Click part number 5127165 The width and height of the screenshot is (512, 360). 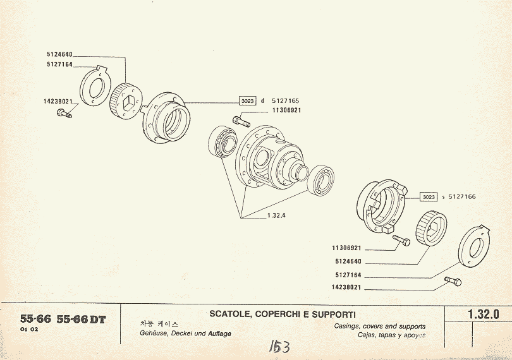(286, 101)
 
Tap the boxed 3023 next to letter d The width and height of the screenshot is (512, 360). (247, 101)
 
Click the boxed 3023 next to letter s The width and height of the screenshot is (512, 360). (429, 197)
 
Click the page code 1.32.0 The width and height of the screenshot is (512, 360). (484, 314)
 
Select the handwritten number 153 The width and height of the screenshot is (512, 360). (278, 346)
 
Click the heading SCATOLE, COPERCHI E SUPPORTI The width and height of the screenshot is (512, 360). (283, 314)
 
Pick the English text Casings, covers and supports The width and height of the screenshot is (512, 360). (379, 327)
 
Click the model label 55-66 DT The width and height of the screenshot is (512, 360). (81, 319)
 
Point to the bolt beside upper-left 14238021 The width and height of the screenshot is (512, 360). (64, 114)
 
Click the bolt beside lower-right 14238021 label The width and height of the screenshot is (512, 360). (453, 281)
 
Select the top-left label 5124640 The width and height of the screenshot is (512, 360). (59, 54)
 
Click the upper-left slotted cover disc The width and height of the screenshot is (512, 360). (95, 86)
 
